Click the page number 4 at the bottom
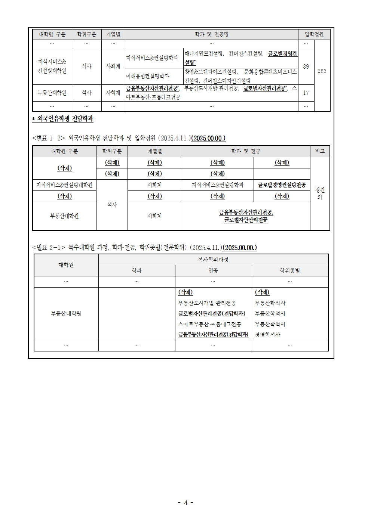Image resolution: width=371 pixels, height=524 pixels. (185, 502)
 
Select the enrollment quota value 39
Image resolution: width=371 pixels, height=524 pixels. (306, 66)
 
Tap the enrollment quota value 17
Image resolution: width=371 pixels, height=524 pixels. (306, 93)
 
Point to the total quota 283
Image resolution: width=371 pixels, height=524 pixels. (322, 71)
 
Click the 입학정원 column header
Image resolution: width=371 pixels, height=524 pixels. (314, 34)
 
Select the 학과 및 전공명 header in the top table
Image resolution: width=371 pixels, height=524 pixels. (211, 34)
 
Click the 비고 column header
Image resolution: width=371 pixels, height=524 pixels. (320, 151)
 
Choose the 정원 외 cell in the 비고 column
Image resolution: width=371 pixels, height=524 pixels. (320, 193)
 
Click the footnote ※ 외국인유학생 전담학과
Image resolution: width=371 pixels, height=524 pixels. (63, 119)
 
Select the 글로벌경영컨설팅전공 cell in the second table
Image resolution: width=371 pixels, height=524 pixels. (282, 185)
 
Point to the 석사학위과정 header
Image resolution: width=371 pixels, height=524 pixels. (213, 260)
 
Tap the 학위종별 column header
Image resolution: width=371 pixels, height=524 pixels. (289, 270)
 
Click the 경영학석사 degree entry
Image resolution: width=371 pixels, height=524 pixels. (267, 335)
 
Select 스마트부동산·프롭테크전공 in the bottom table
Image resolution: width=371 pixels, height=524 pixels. (210, 324)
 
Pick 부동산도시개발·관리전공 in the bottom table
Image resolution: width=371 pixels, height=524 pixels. (207, 303)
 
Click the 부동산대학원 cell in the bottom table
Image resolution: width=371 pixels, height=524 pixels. (66, 313)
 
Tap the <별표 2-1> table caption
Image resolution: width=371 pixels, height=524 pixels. (144, 248)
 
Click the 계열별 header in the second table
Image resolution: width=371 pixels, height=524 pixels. (154, 151)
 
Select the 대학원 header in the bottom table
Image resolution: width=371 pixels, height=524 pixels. (66, 265)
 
